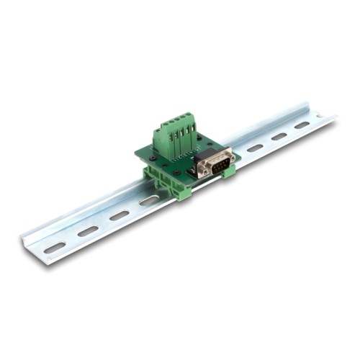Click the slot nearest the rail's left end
pyautogui.click(x=55, y=247)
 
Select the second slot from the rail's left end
pyautogui.click(x=88, y=231)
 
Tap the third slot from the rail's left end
pyautogui.click(x=120, y=215)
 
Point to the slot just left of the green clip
pyautogui.click(x=149, y=201)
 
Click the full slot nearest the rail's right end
pyautogui.click(x=301, y=125)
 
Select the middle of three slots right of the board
pyautogui.click(x=279, y=136)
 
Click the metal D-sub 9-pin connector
pyautogui.click(x=214, y=164)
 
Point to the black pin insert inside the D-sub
pyautogui.click(x=215, y=165)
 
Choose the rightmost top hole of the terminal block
pyautogui.click(x=190, y=115)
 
